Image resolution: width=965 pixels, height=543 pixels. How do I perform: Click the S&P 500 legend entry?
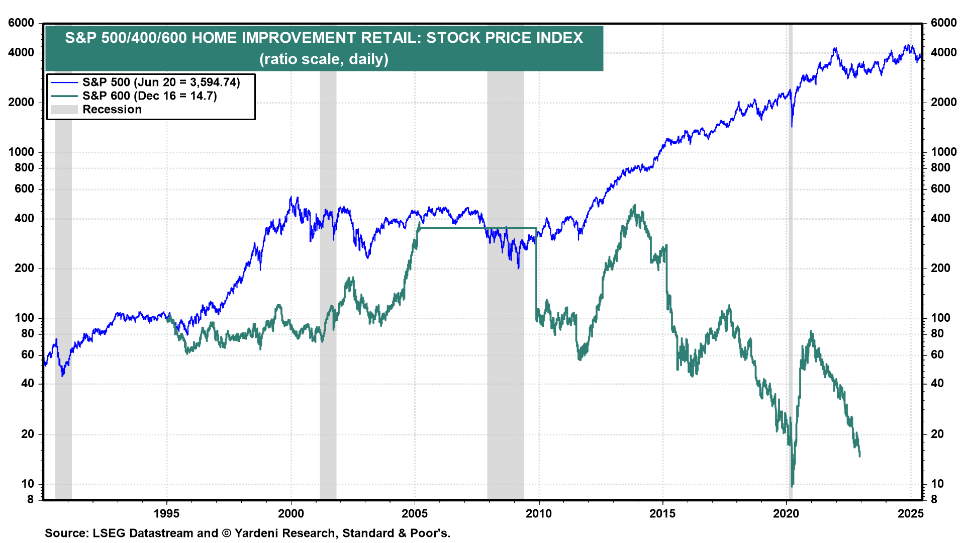(161, 82)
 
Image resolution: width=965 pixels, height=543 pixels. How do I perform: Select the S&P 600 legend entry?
(149, 96)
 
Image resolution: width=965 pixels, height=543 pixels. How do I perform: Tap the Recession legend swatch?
(64, 110)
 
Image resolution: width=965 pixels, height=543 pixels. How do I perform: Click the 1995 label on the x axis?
(166, 513)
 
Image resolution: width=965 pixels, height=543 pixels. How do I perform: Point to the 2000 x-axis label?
(291, 513)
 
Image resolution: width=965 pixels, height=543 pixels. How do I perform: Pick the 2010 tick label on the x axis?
(539, 513)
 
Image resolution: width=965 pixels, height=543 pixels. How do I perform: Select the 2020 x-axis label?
(786, 513)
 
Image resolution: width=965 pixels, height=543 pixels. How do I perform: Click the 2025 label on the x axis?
(910, 513)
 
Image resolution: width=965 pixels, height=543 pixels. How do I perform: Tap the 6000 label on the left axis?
(21, 23)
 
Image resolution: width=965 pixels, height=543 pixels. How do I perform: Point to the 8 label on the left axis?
(30, 499)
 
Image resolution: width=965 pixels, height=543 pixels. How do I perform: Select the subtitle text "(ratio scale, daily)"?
(324, 59)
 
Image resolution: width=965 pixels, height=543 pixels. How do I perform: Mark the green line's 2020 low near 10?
(792, 486)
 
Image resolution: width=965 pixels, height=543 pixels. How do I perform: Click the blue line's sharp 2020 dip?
(792, 126)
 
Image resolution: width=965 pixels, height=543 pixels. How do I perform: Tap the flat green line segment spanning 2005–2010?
(477, 228)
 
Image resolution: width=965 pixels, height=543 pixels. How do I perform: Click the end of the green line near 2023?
(860, 456)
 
